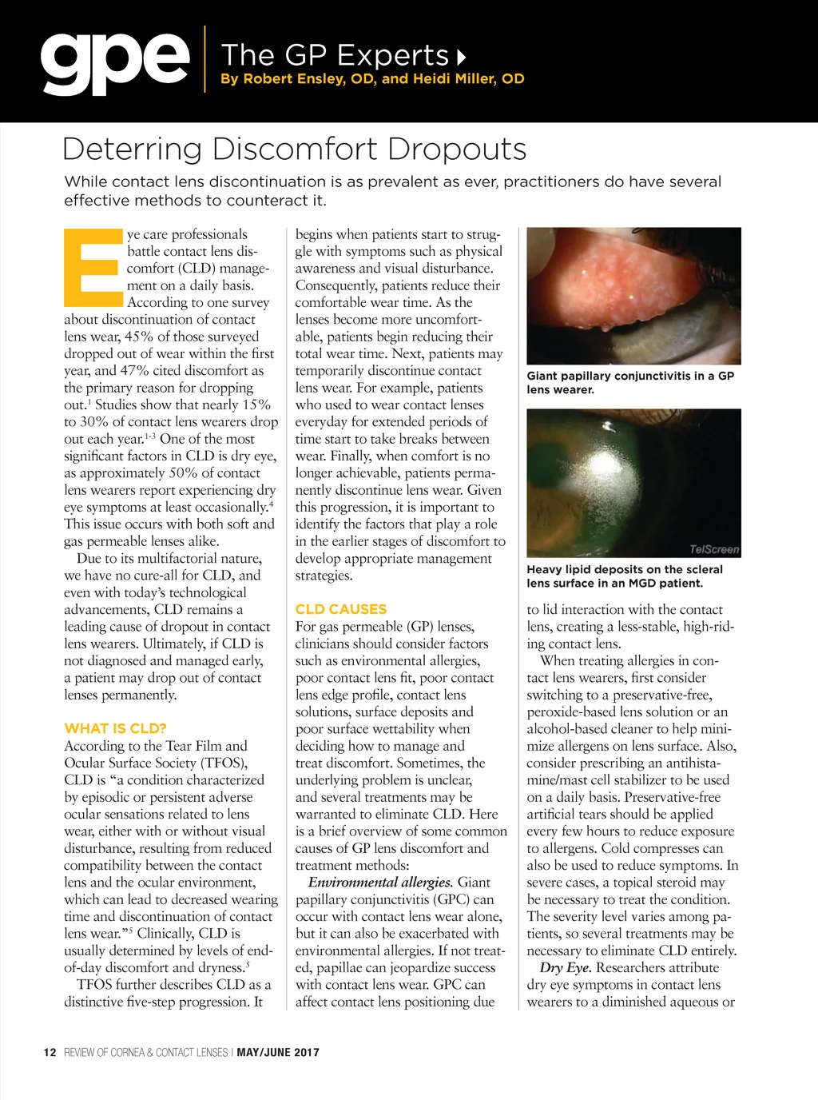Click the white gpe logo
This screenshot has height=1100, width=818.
[x=115, y=62]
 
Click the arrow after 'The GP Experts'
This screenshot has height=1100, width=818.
[x=461, y=57]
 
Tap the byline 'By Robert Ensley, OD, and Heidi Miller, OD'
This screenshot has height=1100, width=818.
[x=372, y=78]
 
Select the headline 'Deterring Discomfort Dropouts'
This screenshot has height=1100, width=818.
[x=294, y=149]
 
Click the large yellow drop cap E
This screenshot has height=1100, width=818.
[x=91, y=269]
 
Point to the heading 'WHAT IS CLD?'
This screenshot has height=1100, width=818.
[x=115, y=728]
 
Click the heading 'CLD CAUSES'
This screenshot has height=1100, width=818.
[x=340, y=609]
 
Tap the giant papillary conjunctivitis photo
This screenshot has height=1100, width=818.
[x=633, y=295]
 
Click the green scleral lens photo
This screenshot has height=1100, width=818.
[x=633, y=483]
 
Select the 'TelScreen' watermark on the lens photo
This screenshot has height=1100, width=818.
[x=714, y=549]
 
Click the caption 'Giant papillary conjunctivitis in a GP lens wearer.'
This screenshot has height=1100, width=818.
[x=629, y=383]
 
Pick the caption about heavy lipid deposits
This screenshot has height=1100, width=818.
[x=624, y=576]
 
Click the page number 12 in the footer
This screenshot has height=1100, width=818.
[x=50, y=1052]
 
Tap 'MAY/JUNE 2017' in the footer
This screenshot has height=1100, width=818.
[x=278, y=1052]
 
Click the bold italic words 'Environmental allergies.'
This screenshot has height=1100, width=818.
[x=380, y=883]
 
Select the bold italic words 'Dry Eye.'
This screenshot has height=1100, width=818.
[x=566, y=968]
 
